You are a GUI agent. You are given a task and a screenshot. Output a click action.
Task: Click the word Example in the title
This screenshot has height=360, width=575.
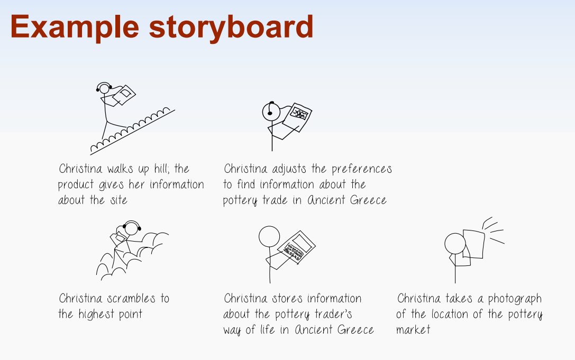pyautogui.click(x=75, y=27)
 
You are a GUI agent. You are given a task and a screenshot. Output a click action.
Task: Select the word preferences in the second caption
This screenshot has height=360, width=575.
pyautogui.click(x=362, y=169)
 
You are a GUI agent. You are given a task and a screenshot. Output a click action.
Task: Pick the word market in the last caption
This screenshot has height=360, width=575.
pyautogui.click(x=413, y=329)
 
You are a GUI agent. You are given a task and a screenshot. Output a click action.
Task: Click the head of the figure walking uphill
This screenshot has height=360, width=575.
pyautogui.click(x=104, y=89)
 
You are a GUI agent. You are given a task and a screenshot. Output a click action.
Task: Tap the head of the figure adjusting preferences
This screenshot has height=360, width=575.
pyautogui.click(x=271, y=112)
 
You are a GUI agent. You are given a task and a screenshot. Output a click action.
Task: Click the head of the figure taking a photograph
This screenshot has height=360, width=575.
pyautogui.click(x=455, y=244)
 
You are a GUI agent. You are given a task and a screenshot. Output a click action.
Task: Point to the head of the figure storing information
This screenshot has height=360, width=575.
pyautogui.click(x=269, y=236)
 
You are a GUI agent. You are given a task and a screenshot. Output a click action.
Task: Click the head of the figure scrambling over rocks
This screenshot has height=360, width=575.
pyautogui.click(x=132, y=229)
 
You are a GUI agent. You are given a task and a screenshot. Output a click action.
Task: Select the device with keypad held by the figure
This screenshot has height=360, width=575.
pyautogui.click(x=296, y=247)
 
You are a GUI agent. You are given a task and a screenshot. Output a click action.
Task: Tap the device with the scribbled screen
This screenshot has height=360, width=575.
pyautogui.click(x=297, y=117)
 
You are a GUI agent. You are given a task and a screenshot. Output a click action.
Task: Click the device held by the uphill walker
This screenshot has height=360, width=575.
pyautogui.click(x=124, y=95)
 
